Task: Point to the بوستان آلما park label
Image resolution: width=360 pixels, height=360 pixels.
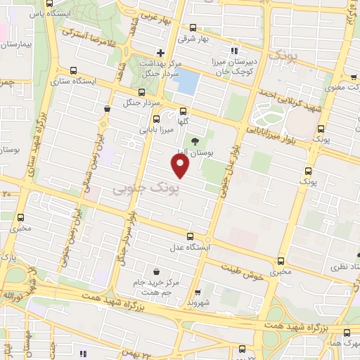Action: (x=191, y=152)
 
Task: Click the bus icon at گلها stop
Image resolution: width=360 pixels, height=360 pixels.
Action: (x=183, y=111)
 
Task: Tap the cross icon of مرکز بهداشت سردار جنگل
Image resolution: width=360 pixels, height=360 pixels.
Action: (x=161, y=53)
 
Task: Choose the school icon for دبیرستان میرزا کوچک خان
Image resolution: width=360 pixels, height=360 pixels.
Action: (x=234, y=51)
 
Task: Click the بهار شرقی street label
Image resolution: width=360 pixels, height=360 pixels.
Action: (x=194, y=39)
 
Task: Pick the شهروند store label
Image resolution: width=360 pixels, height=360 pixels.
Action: (x=200, y=301)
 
